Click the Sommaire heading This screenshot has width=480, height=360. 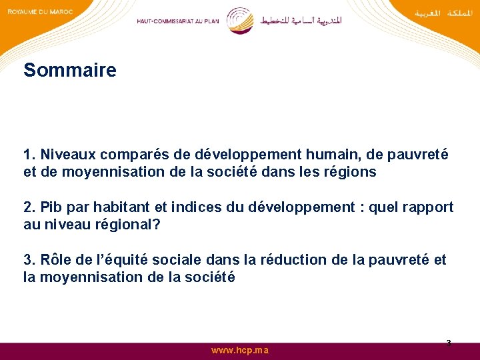click(x=69, y=70)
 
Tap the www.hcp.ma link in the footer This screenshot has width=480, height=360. click(x=240, y=350)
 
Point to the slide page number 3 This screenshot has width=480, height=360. click(x=448, y=343)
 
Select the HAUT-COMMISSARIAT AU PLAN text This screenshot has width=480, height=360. click(x=177, y=21)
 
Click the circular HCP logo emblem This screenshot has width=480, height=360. click(x=239, y=21)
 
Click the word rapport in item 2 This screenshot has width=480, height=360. click(x=426, y=207)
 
